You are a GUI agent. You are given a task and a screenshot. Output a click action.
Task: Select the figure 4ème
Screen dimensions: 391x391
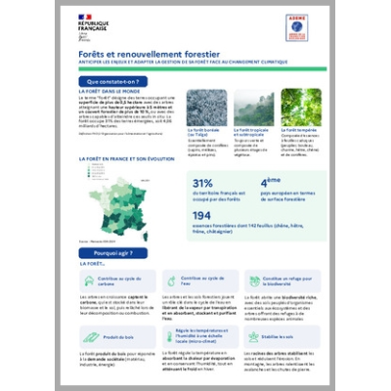271,182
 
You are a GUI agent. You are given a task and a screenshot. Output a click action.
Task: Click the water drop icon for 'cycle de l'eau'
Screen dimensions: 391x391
168,279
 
